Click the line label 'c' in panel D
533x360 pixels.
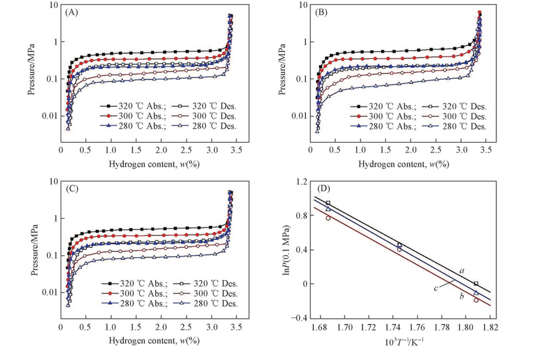[x=435, y=288]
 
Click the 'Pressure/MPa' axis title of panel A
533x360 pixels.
[x=32, y=70]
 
